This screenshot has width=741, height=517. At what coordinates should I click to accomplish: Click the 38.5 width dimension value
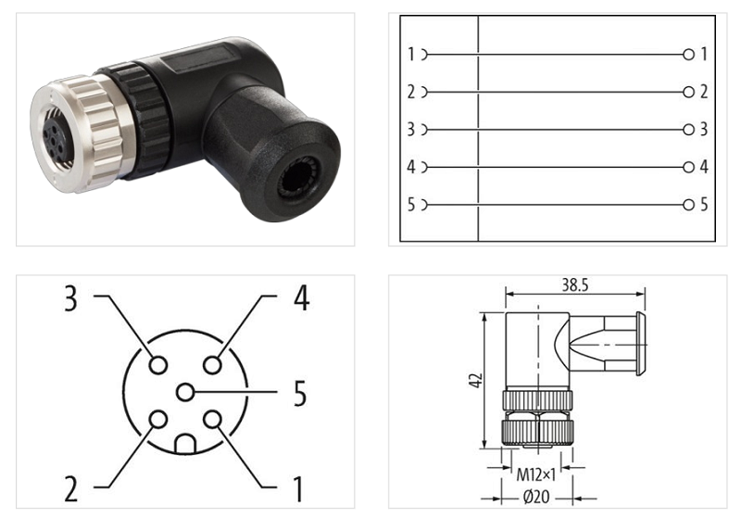pos(572,285)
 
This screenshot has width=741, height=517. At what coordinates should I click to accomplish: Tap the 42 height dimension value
pos(476,379)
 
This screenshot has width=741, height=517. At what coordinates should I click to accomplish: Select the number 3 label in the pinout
pos(71,298)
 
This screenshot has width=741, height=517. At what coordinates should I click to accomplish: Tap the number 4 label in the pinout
pos(300,298)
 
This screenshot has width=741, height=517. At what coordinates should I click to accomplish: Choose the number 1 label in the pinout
pos(298,485)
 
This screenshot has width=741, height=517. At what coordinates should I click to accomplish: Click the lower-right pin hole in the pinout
pos(213,420)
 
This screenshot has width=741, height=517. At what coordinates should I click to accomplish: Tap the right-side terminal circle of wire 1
pos(688,55)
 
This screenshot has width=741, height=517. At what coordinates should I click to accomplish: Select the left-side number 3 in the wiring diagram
pos(411,130)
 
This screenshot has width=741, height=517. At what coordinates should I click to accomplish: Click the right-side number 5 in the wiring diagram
pos(704,205)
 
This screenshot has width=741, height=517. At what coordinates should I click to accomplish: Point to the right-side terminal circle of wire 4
pos(688,167)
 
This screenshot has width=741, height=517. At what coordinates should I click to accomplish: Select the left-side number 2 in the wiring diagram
pos(411,92)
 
